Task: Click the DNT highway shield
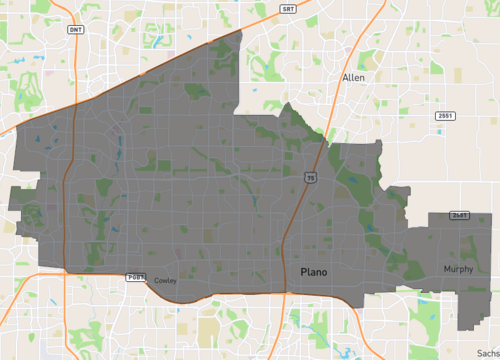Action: (x=76, y=30)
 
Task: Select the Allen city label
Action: (x=353, y=77)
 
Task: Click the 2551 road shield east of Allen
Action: (x=444, y=116)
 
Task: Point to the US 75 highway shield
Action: (x=310, y=177)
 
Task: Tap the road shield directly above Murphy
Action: (x=459, y=215)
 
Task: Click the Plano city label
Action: (x=314, y=271)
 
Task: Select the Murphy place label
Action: (x=459, y=269)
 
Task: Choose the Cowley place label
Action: (x=165, y=281)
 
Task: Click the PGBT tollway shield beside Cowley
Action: (x=136, y=276)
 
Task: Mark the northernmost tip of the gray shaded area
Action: (x=242, y=31)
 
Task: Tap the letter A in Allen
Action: (x=345, y=77)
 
